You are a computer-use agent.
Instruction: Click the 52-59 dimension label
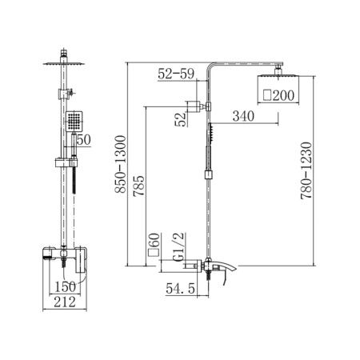tap(176, 74)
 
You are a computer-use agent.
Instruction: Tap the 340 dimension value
tap(243, 116)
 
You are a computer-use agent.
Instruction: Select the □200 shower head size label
tap(278, 95)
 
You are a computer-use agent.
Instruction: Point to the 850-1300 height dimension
tap(120, 164)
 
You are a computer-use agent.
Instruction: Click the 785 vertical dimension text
tap(139, 186)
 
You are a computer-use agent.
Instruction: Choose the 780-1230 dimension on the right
tap(306, 170)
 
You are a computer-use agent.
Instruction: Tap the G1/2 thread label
tap(178, 246)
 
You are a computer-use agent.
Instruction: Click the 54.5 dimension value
tap(180, 288)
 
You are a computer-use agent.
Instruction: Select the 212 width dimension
tap(65, 302)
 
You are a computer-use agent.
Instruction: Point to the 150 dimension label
tap(66, 287)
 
